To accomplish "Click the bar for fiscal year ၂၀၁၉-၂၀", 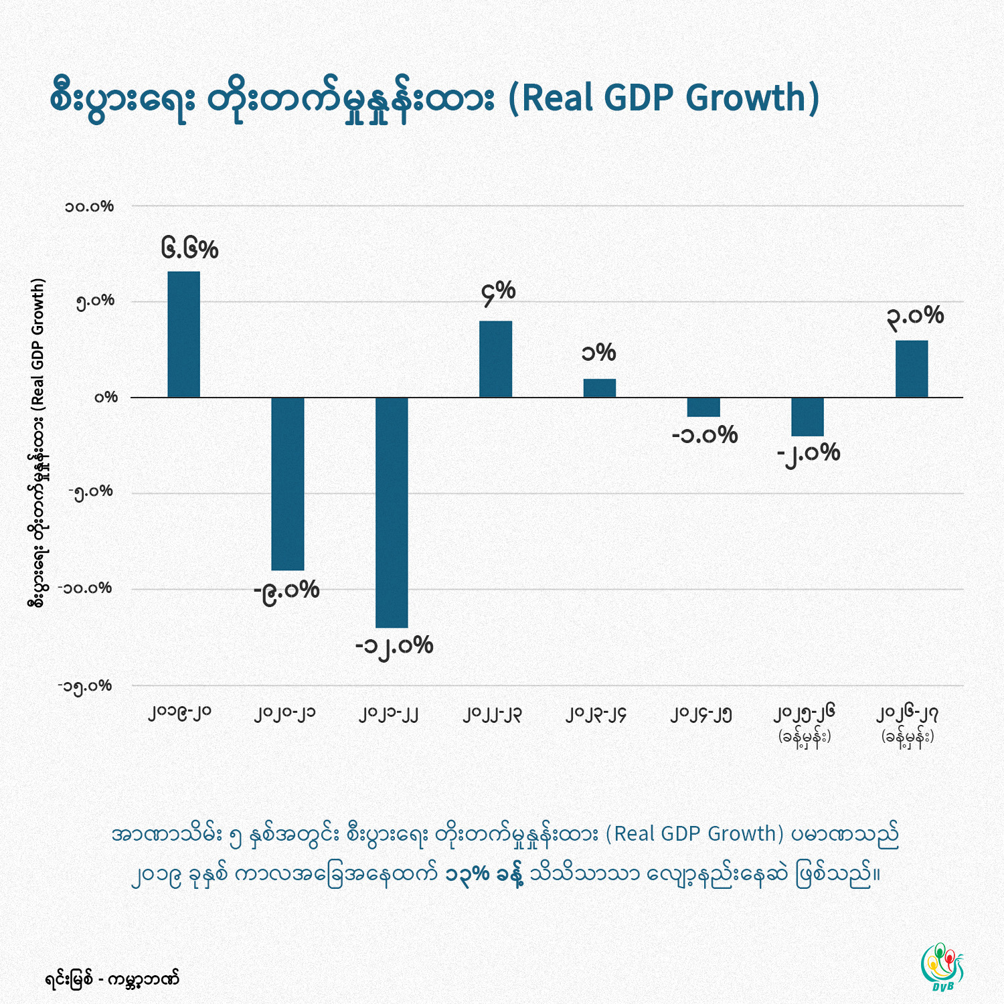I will coord(183,334).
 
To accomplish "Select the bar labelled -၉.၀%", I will coord(287,483).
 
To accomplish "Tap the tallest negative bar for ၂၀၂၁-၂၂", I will coord(392,512).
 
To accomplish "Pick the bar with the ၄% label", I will coord(495,359).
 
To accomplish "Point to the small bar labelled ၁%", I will coord(599,388).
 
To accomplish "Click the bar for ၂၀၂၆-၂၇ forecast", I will coord(912,369).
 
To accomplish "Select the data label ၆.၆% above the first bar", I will coord(189,249).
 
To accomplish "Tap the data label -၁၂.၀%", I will coord(394,646).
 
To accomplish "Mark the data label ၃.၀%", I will coord(915,316).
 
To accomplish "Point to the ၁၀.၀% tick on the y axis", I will coord(89,206).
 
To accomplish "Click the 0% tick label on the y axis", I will coord(106,397).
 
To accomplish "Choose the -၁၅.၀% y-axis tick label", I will coord(85,686).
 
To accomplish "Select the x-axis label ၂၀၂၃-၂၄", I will coord(596,714).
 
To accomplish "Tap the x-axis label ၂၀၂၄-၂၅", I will coord(701,714).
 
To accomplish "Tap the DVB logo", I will coord(942,967).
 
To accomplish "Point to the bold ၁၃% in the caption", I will coord(467,874).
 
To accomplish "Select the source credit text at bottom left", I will coord(112,980).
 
